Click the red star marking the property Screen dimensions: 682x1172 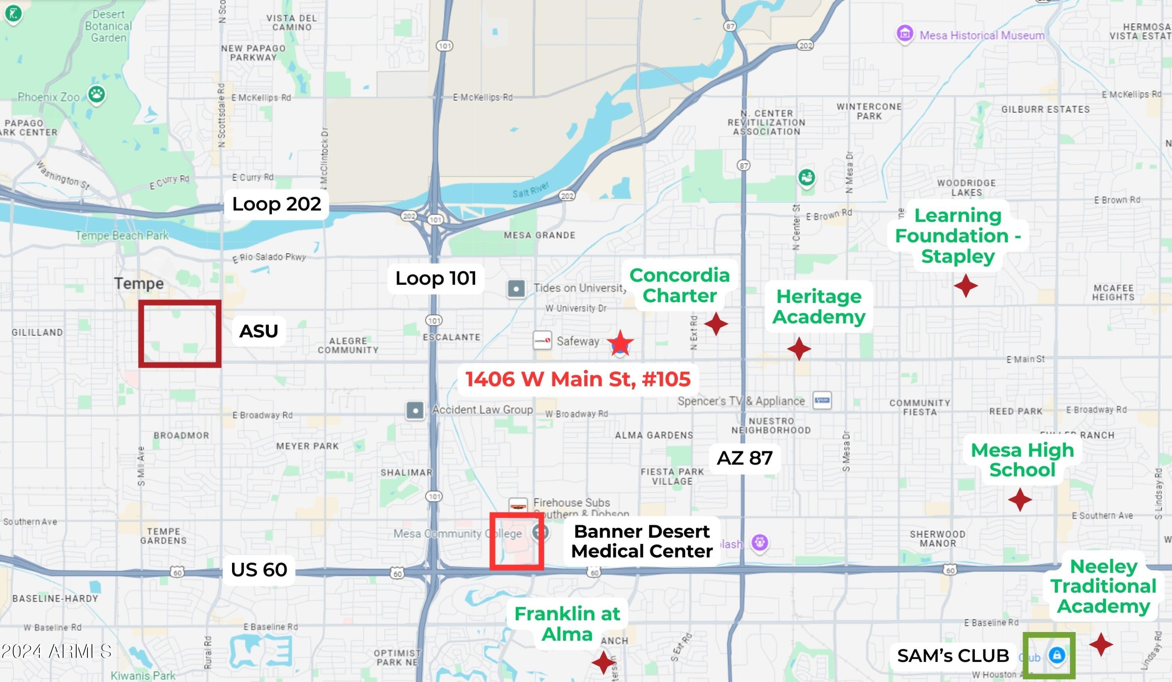pyautogui.click(x=620, y=344)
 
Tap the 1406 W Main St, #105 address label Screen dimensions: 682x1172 pyautogui.click(x=578, y=379)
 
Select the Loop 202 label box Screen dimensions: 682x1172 pyautogui.click(x=276, y=204)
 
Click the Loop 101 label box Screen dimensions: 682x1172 pyautogui.click(x=436, y=278)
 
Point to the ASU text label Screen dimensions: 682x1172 pyautogui.click(x=259, y=331)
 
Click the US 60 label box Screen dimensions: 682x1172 pyautogui.click(x=259, y=570)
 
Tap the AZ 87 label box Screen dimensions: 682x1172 pyautogui.click(x=744, y=458)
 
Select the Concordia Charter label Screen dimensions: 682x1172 pyautogui.click(x=679, y=285)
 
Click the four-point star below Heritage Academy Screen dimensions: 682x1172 pyautogui.click(x=799, y=349)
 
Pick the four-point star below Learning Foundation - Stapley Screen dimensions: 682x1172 pyautogui.click(x=965, y=285)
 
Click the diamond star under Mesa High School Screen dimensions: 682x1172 pyautogui.click(x=1020, y=500)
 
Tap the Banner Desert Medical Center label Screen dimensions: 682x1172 pyautogui.click(x=641, y=541)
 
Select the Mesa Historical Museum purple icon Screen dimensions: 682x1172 pyautogui.click(x=904, y=34)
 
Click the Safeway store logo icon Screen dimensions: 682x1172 pyautogui.click(x=542, y=340)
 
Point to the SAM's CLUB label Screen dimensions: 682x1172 pyautogui.click(x=952, y=655)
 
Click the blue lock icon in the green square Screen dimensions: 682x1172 pyautogui.click(x=1057, y=655)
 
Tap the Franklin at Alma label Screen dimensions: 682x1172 pyautogui.click(x=567, y=624)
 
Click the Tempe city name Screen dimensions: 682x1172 pyautogui.click(x=139, y=283)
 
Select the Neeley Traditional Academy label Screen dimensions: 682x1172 pyautogui.click(x=1103, y=586)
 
